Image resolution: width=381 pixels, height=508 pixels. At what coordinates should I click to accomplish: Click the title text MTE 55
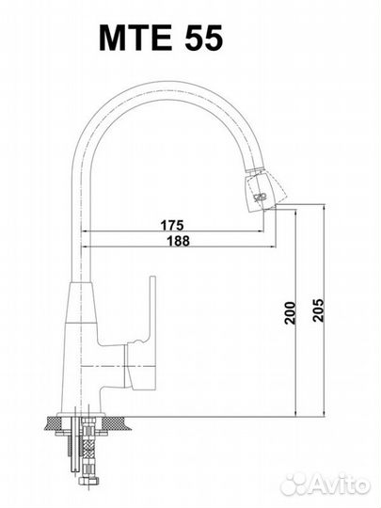pyautogui.click(x=161, y=38)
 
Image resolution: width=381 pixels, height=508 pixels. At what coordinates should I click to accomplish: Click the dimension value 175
pyautogui.click(x=172, y=225)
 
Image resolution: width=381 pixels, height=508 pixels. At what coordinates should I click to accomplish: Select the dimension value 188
pyautogui.click(x=178, y=241)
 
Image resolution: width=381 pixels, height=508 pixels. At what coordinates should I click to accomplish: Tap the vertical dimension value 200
pyautogui.click(x=291, y=312)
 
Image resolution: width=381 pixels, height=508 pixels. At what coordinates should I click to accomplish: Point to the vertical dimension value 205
pyautogui.click(x=318, y=310)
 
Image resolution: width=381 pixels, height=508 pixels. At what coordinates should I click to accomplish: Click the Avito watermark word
pyautogui.click(x=341, y=485)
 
